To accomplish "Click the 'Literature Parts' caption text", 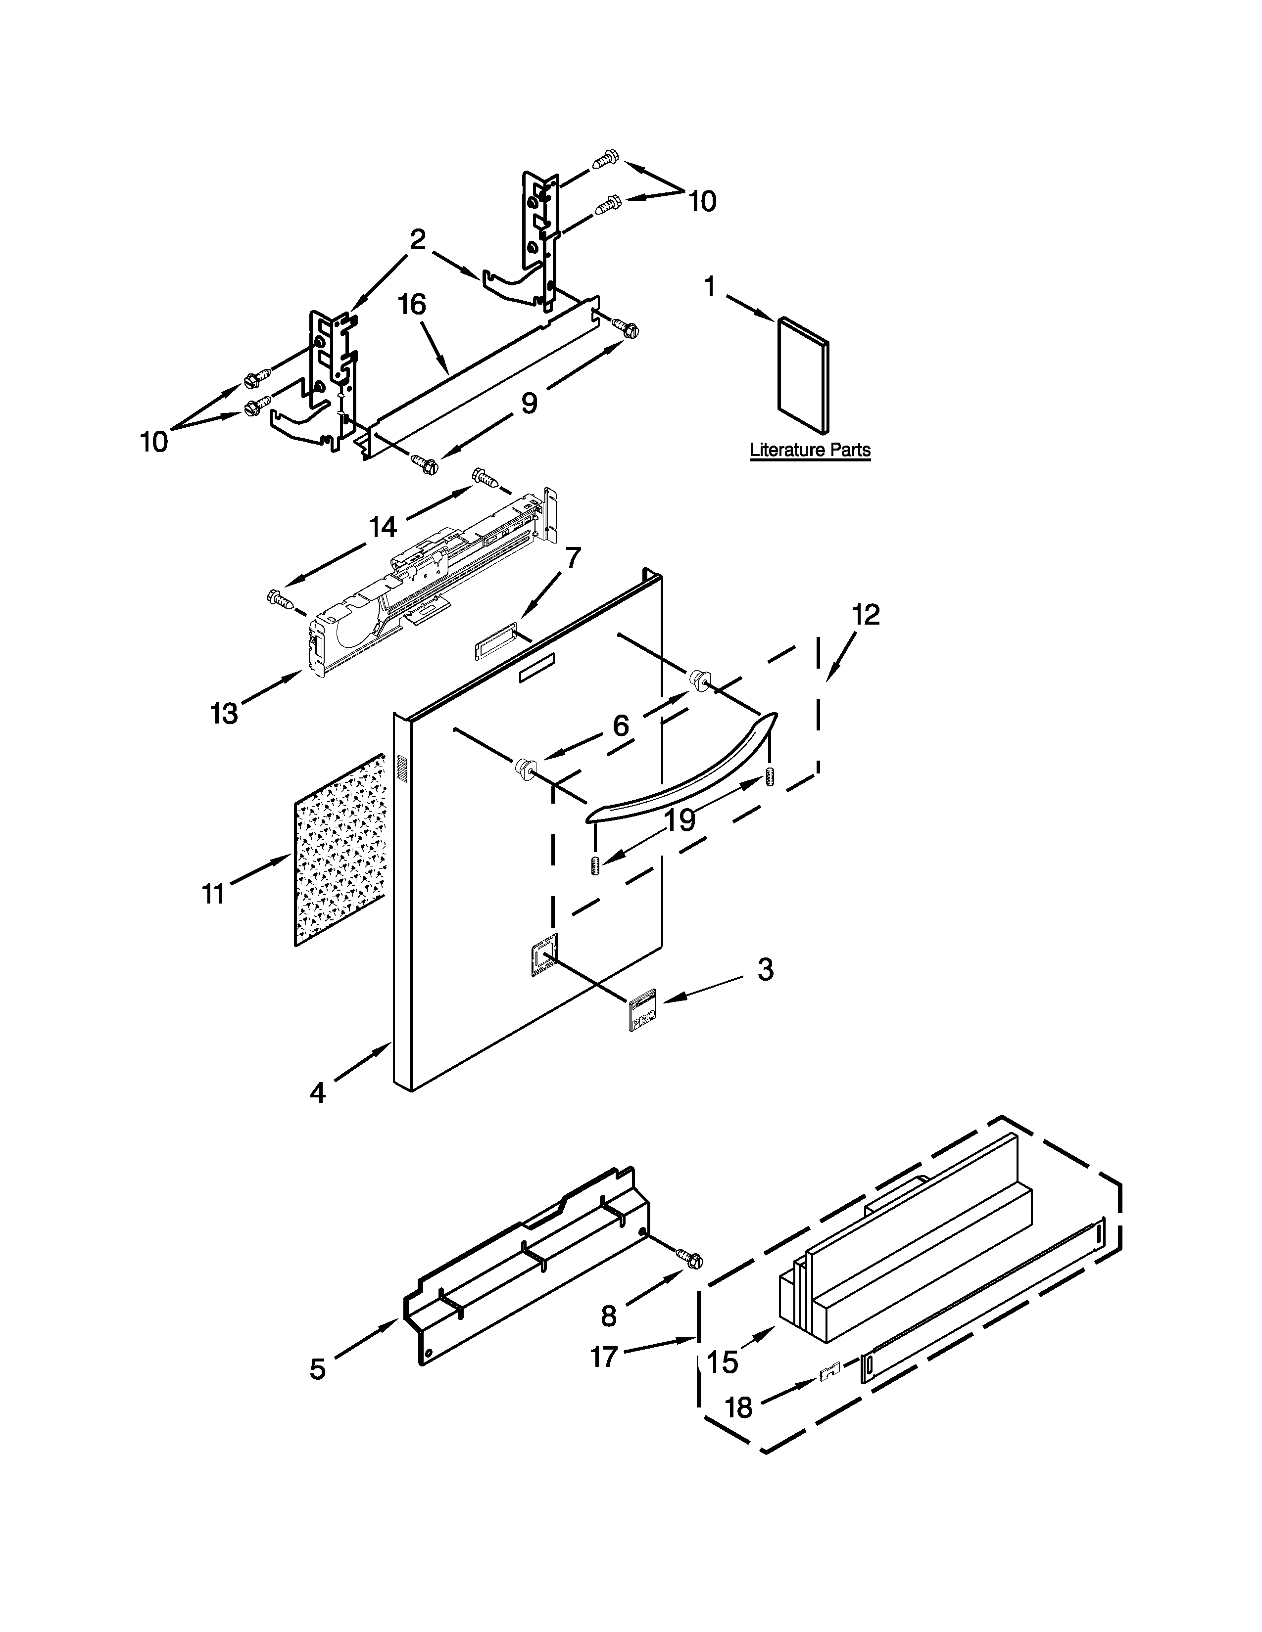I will [810, 450].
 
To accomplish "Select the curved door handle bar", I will [680, 770].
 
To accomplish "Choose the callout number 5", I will [318, 1369].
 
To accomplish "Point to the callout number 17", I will [604, 1356].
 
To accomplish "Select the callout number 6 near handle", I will [621, 725].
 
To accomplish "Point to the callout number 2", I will [417, 239].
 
